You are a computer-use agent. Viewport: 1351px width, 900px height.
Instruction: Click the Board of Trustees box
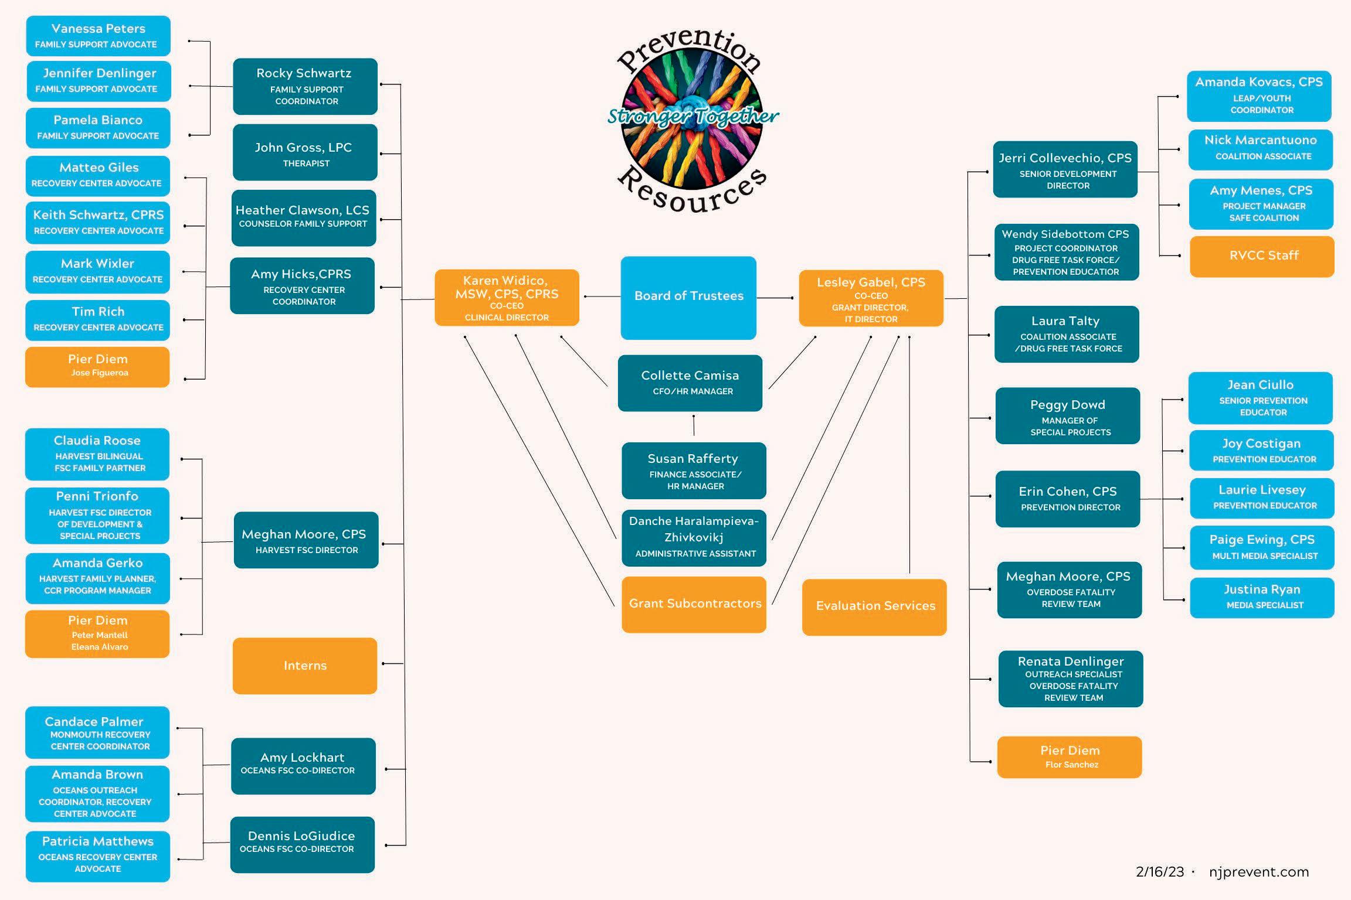688,298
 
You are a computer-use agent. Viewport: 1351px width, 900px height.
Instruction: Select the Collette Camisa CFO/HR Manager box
690,383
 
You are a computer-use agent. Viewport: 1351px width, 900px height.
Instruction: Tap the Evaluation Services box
874,607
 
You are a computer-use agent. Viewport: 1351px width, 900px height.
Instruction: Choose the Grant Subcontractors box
694,605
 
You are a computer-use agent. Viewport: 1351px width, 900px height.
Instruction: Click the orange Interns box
305,666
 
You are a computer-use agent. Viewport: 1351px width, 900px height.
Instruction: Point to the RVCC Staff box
1262,257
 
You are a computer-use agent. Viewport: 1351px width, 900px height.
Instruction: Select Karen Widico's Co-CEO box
507,298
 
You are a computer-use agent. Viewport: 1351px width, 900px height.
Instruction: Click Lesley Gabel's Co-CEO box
871,298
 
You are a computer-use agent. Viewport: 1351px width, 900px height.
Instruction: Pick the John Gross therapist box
305,152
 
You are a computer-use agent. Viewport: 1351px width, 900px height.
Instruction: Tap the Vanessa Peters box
99,36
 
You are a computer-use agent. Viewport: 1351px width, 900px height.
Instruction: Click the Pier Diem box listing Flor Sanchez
1070,757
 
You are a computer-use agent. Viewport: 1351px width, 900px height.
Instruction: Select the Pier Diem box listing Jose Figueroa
97,367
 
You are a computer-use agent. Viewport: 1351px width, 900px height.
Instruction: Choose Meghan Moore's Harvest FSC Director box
306,540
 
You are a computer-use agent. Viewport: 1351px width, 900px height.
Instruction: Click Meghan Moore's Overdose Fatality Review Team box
1070,590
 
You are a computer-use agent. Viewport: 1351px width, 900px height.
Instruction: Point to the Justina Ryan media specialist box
1262,598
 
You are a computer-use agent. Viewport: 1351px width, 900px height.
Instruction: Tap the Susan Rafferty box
694,471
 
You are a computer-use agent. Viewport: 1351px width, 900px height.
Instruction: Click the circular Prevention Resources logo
692,120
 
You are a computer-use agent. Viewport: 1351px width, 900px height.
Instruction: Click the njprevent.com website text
1259,872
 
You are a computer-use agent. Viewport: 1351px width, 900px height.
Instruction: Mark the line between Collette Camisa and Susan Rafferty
694,425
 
